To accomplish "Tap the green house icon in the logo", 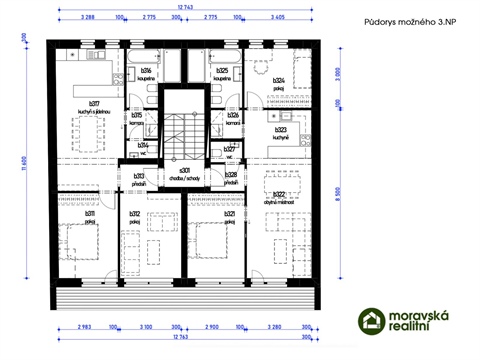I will click(x=372, y=320).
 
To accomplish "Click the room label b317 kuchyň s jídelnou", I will click(x=94, y=108).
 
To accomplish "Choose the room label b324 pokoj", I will click(x=279, y=83).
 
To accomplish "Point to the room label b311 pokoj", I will click(x=91, y=216).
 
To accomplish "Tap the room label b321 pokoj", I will click(x=229, y=216).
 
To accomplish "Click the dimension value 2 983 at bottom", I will click(x=86, y=327).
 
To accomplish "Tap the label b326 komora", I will click(x=232, y=117).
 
